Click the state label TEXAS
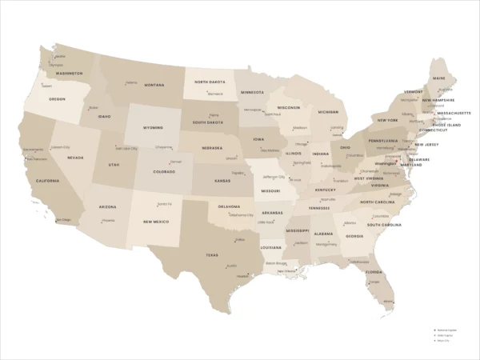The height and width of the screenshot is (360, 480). coord(211,255)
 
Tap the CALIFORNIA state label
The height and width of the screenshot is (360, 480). coord(47,181)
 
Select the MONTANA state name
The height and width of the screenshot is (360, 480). coord(154,85)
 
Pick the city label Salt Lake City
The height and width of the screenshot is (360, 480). coord(127,148)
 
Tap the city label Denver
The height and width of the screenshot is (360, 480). coord(176,162)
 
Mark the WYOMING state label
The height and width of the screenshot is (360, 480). coord(153,127)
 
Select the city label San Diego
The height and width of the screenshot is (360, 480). coord(62,219)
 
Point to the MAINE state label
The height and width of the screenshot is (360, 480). coord(439,78)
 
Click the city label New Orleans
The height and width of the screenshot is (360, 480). coord(286,270)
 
